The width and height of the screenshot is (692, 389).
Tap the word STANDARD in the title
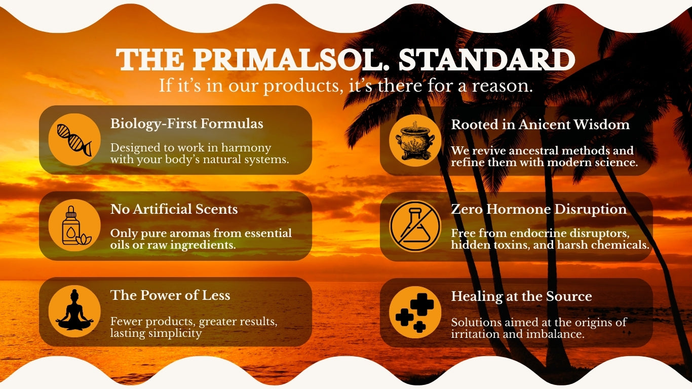click(487, 59)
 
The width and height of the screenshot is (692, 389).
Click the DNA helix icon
click(74, 140)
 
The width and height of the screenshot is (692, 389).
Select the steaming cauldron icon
click(415, 141)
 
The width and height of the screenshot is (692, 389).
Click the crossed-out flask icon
click(415, 226)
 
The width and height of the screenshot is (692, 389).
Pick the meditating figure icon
click(74, 310)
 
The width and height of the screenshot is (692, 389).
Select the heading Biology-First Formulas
click(186, 124)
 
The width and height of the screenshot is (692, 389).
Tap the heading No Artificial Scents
click(174, 209)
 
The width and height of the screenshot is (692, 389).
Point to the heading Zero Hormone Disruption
click(539, 209)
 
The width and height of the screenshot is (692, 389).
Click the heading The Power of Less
click(170, 295)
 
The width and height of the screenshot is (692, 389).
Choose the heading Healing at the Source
click(521, 296)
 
